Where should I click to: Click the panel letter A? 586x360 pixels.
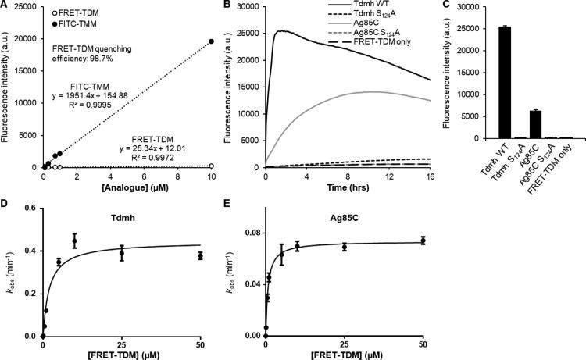pyautogui.click(x=5, y=5)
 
